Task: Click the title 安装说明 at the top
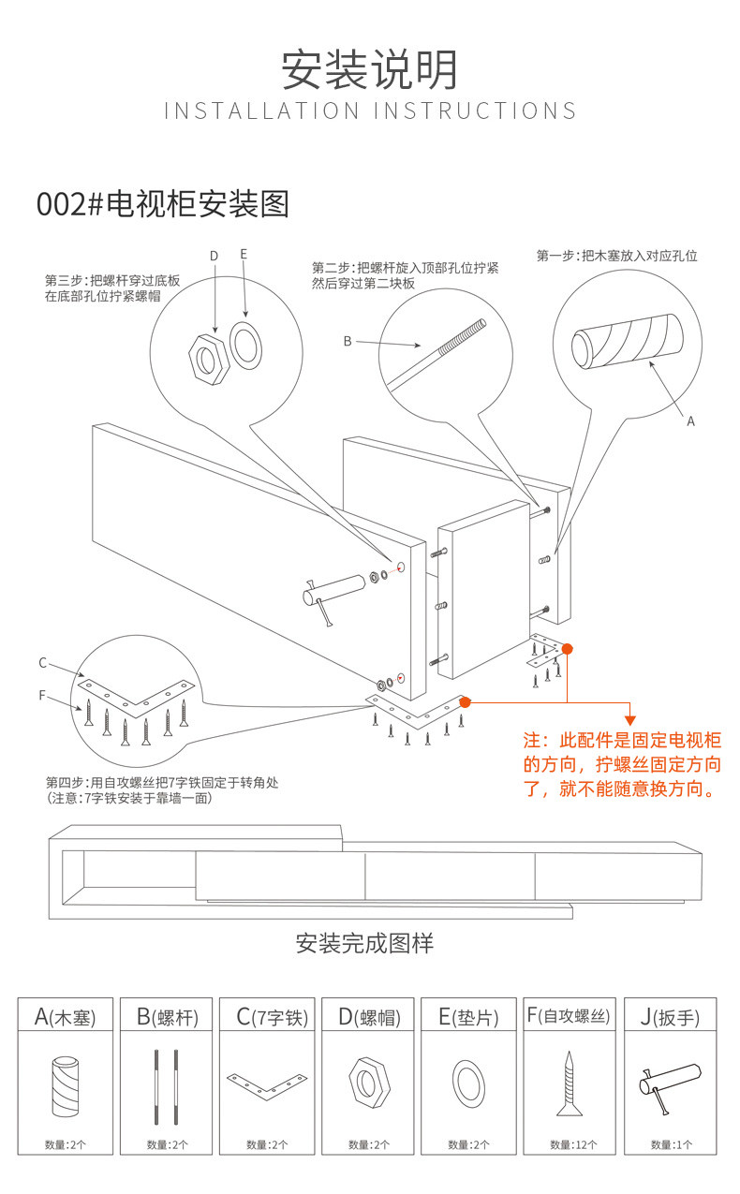pos(370,70)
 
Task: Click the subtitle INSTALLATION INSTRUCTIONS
pos(370,111)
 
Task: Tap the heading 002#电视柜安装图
pos(162,203)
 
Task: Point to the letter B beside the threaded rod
pos(347,341)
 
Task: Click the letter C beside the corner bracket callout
pos(42,663)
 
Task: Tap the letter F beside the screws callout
pos(42,695)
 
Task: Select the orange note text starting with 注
pos(623,764)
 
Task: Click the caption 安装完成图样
pos(364,942)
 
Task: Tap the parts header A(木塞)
pos(65,1016)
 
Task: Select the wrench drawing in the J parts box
pos(670,1086)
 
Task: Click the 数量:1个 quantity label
pos(670,1144)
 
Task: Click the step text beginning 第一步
pos(616,256)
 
